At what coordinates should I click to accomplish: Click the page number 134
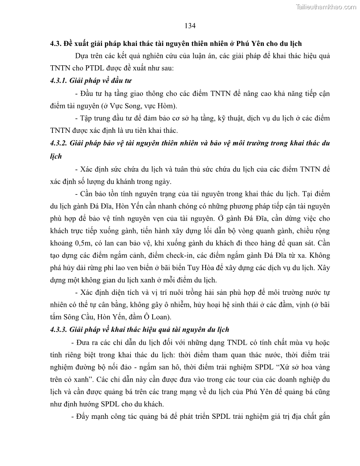click(190, 26)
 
